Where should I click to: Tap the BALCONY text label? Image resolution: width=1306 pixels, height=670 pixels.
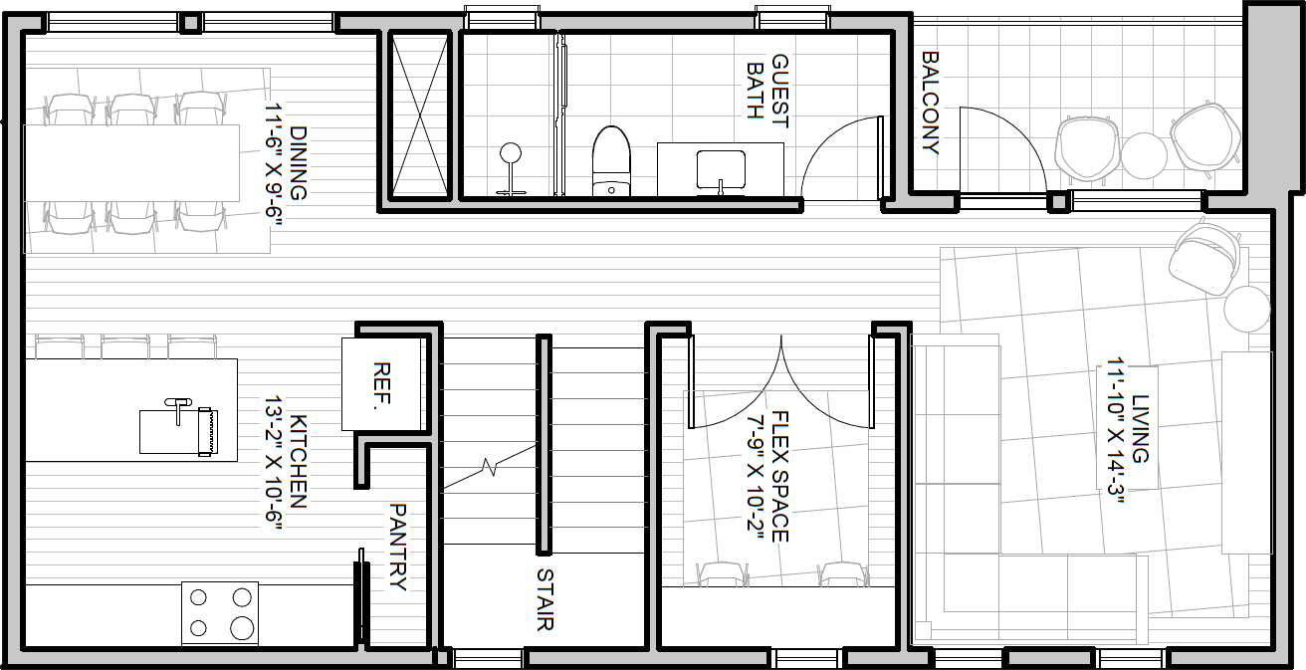coord(931,103)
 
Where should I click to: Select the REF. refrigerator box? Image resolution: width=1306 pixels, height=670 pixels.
coord(381,384)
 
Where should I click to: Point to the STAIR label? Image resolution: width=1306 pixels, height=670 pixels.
coord(544,599)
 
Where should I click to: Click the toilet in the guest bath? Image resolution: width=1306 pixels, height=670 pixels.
coord(611,161)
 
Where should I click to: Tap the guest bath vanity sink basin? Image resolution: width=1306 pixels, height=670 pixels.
coord(721,169)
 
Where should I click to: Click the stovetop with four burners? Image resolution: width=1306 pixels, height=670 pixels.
coord(220,613)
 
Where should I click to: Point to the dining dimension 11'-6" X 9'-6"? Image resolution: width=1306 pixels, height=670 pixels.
coord(286,163)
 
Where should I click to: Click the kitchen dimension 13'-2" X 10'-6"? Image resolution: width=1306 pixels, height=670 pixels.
coord(286,462)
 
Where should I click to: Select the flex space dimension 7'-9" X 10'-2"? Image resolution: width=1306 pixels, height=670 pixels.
coord(767,477)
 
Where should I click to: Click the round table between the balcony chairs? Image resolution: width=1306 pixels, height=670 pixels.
coord(1144,155)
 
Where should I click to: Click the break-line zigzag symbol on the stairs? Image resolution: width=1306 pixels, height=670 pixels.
coord(490,467)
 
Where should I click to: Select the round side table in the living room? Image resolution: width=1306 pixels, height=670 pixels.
coord(1247,309)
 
